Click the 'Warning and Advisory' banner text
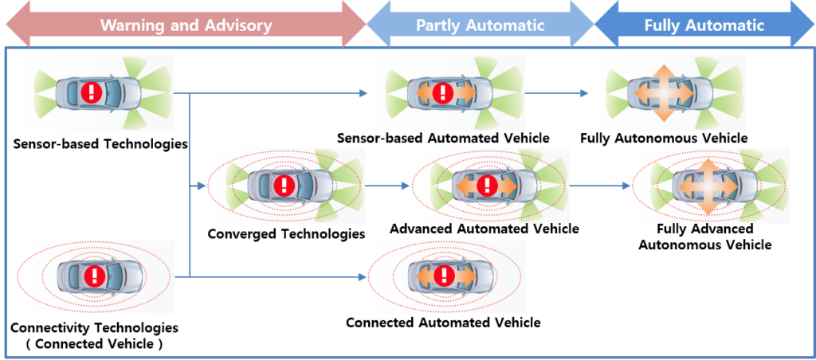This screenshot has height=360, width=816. click(186, 25)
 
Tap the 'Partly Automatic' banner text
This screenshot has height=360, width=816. click(480, 25)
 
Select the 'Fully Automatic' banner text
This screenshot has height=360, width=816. click(704, 25)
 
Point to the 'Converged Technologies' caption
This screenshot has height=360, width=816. click(286, 233)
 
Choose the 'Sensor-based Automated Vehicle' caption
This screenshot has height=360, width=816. click(443, 139)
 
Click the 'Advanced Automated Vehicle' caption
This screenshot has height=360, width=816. click(484, 229)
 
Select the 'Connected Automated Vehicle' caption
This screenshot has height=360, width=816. click(443, 323)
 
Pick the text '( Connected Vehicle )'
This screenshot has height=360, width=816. click(94, 344)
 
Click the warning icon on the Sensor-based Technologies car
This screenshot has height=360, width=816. click(92, 93)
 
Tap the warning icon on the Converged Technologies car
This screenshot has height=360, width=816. click(284, 184)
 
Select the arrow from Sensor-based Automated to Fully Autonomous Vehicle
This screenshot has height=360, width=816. click(556, 94)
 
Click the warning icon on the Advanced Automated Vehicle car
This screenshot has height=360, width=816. click(487, 184)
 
